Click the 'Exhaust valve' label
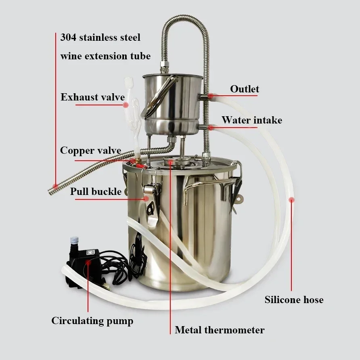[x=92, y=97]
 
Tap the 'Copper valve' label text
[x=90, y=151]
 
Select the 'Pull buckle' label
[x=96, y=191]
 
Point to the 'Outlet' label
[x=245, y=89]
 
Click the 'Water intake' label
[x=251, y=120]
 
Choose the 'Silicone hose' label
[x=294, y=300]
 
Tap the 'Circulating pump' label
[x=92, y=321]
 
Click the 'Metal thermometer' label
[x=220, y=330]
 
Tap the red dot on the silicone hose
[x=291, y=199]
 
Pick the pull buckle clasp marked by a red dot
[x=150, y=198]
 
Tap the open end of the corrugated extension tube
[x=52, y=189]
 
